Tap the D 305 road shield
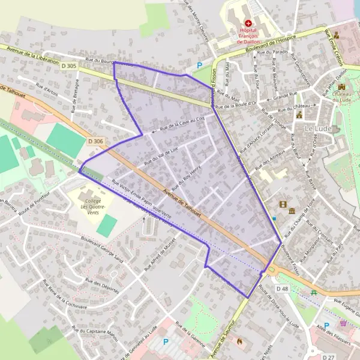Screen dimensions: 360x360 (x=69, y=65)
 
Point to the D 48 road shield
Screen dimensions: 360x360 (x=283, y=289)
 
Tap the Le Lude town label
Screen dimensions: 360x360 (x=318, y=129)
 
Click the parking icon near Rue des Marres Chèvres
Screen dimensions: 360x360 (x=200, y=65)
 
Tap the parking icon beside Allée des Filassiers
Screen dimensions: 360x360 (x=327, y=308)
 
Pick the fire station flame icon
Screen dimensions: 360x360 (x=239, y=340)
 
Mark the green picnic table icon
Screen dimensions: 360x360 (x=313, y=292)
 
